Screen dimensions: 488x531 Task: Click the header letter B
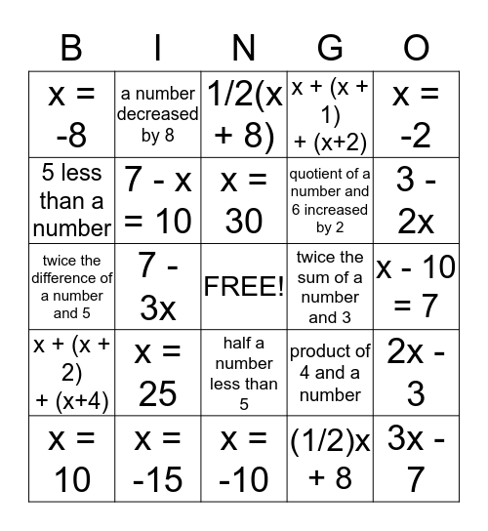coord(71,46)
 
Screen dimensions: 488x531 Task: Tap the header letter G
coord(331,46)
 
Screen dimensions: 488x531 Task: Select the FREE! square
coord(244,287)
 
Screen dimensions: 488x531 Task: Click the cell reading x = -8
coord(71,115)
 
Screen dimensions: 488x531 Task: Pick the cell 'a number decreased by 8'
coord(158,115)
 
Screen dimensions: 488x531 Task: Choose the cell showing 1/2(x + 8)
coord(244,115)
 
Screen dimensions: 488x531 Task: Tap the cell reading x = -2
coord(417,115)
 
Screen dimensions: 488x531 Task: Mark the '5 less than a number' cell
coord(71,201)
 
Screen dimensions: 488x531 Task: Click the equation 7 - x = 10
coord(158,201)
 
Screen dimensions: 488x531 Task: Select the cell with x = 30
coord(244,201)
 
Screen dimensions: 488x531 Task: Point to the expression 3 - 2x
coord(417,201)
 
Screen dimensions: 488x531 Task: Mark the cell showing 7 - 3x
coord(158,287)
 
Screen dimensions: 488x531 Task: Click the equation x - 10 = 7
coord(417,287)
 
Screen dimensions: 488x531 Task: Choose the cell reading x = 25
coord(158,373)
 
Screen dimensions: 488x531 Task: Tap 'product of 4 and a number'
coord(331,373)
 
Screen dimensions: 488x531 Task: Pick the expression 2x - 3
coord(417,373)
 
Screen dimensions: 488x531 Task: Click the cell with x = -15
coord(158,459)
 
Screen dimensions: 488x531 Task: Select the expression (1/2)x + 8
coord(331,459)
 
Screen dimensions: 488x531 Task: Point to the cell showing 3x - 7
coord(417,459)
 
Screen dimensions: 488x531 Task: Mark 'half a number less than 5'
coord(244,373)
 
